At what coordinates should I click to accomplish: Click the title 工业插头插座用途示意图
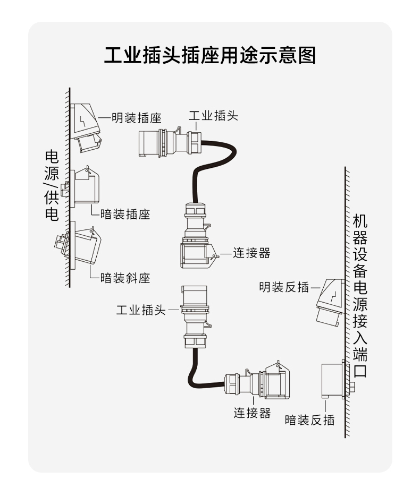209,55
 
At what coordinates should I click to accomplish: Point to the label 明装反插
284,287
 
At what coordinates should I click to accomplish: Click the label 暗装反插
309,420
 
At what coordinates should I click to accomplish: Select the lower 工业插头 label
141,310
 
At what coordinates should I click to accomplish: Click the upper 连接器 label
252,253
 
